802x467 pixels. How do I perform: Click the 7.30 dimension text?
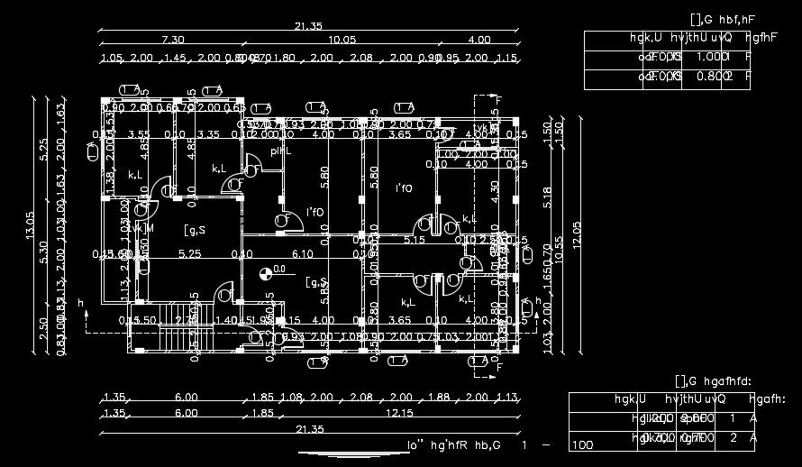point(172,40)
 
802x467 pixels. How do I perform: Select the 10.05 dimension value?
point(342,40)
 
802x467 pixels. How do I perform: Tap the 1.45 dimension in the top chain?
point(175,59)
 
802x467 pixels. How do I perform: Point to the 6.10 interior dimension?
point(303,255)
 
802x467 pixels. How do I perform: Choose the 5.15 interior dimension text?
point(415,241)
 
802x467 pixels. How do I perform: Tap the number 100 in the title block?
point(583,444)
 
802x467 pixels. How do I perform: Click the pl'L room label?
point(281,151)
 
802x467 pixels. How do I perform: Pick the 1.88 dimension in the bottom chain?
point(439,398)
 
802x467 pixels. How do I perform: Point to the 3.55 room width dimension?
point(139,135)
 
